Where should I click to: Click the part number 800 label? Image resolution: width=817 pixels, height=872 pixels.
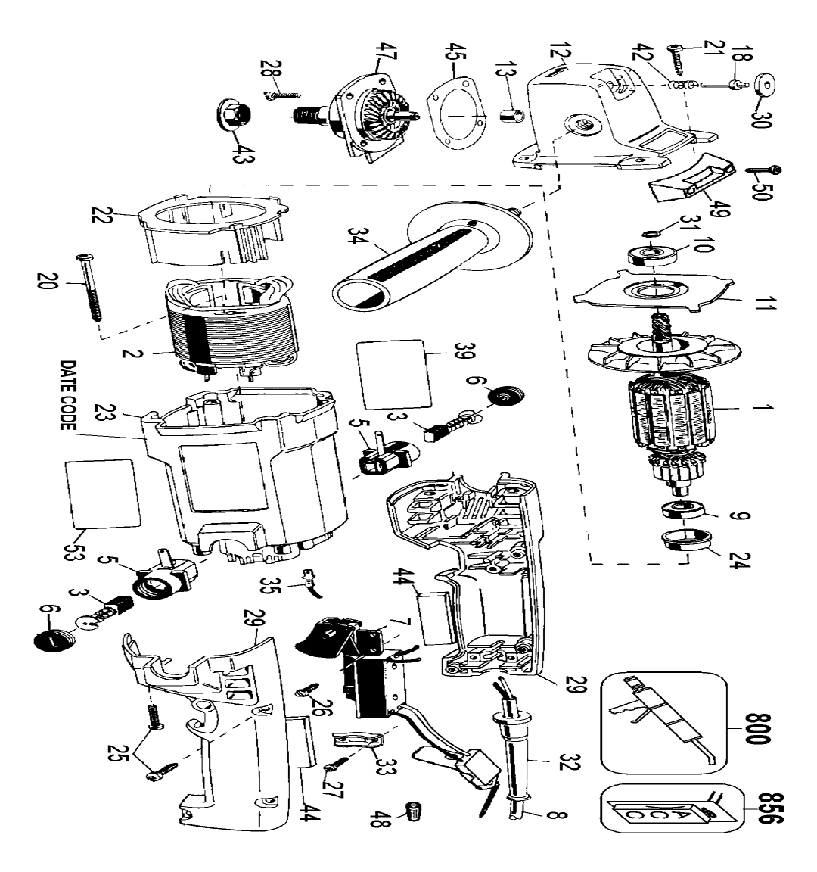[x=758, y=728]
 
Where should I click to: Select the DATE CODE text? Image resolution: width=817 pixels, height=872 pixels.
[x=68, y=395]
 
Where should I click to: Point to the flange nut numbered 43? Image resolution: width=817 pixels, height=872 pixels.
[x=233, y=114]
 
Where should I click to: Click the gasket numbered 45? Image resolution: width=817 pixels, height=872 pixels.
[x=456, y=120]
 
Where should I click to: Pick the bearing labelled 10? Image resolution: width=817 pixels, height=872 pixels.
[x=651, y=257]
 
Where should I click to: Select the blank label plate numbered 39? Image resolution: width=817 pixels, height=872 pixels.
[x=393, y=374]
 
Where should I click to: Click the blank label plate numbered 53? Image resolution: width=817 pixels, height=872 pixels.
[x=103, y=494]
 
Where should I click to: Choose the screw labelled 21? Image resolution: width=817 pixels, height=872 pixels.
[x=678, y=58]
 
